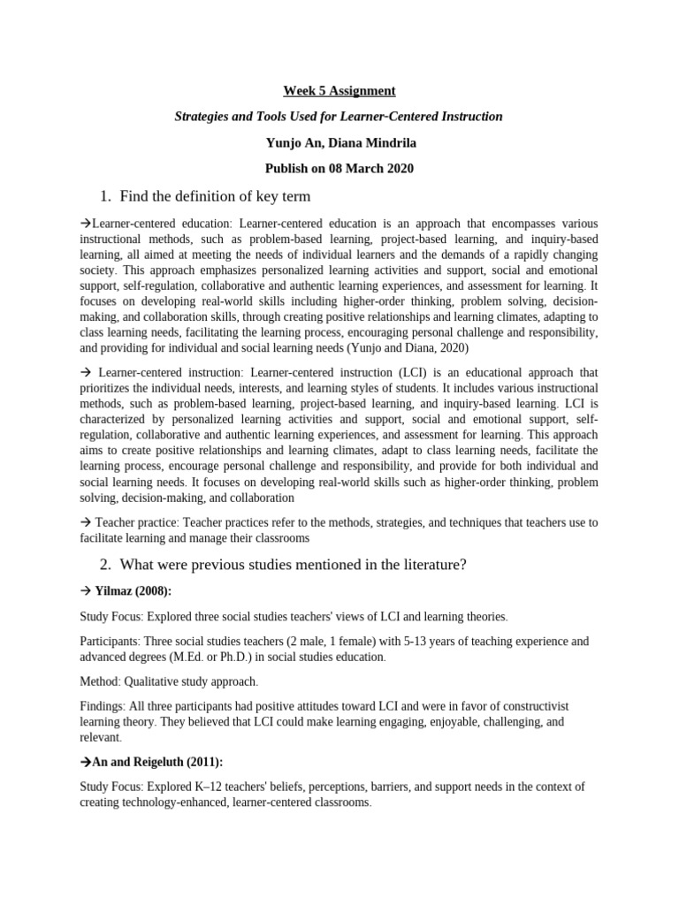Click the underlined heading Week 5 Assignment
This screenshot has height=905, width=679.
[339, 90]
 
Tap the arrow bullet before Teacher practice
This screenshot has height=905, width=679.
[86, 523]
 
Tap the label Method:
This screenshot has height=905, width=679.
[102, 681]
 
